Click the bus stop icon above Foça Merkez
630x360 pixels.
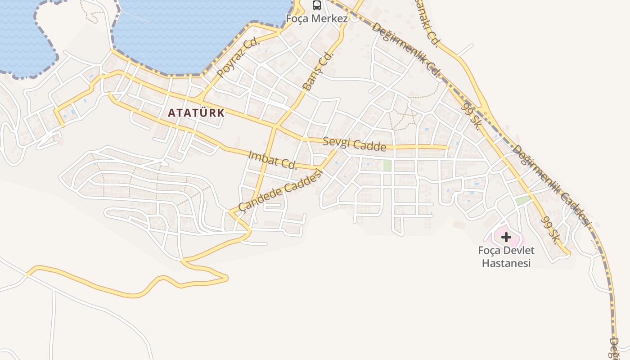(317, 5)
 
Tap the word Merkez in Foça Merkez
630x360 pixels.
(331, 19)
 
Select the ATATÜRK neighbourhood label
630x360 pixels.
(196, 112)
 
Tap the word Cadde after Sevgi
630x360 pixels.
(370, 146)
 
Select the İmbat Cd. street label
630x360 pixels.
(273, 160)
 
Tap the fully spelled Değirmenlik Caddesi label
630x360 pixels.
(551, 185)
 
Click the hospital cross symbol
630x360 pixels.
(506, 237)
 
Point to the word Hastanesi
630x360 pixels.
(506, 263)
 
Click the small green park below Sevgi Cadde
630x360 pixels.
(387, 165)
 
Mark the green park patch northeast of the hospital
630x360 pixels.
(523, 200)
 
